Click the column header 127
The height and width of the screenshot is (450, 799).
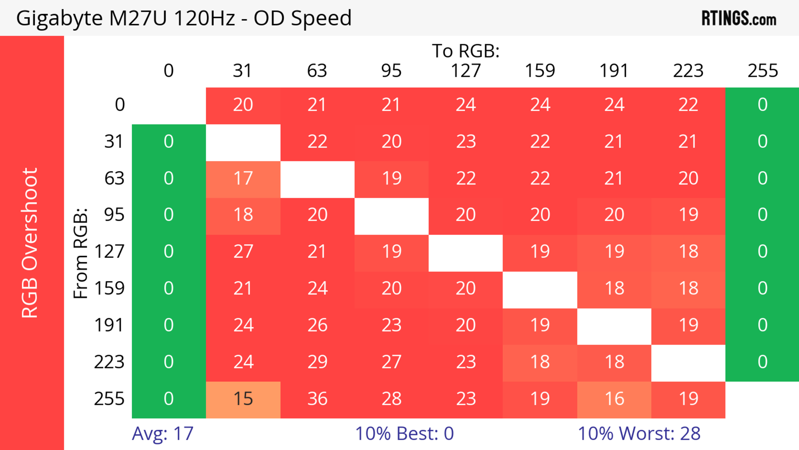click(x=466, y=71)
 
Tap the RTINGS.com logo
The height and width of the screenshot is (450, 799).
click(x=739, y=18)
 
